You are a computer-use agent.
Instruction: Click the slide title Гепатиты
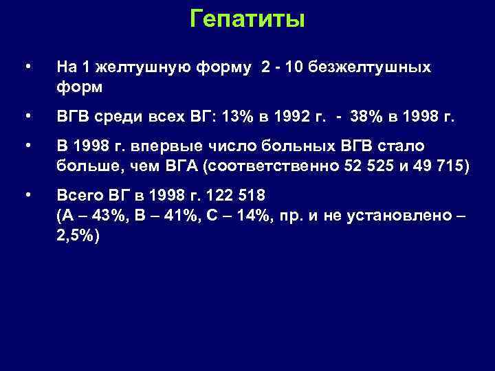247,19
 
